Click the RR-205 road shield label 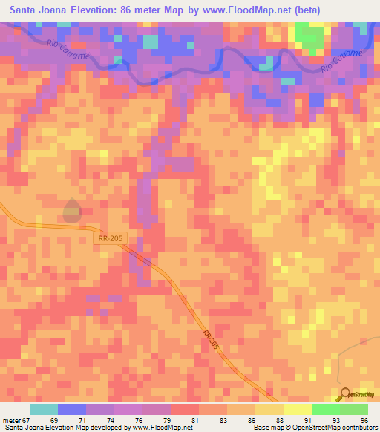[x=111, y=238]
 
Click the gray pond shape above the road [x=71, y=211]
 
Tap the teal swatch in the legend [x=43, y=409]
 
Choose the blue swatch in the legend [x=72, y=409]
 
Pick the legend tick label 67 [x=24, y=420]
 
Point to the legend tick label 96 [x=364, y=420]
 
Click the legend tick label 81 [x=195, y=420]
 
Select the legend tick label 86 [x=252, y=420]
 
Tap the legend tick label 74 [x=110, y=420]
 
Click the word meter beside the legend [x=10, y=420]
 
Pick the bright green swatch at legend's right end [x=354, y=409]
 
